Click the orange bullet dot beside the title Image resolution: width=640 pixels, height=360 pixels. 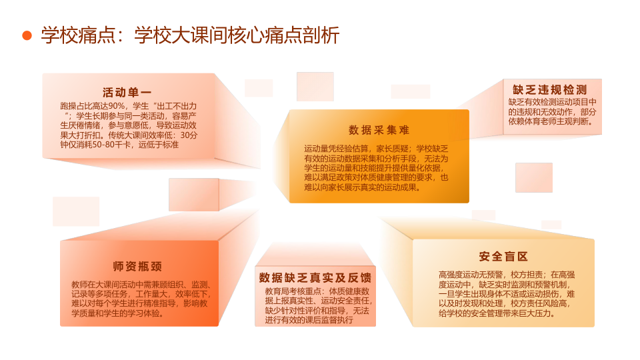coord(27,35)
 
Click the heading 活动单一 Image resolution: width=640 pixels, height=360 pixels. coord(127,93)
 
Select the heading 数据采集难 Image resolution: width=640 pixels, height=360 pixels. coord(379,130)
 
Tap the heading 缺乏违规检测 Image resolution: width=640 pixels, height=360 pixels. coord(550,90)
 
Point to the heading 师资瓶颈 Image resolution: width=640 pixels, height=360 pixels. coord(137,267)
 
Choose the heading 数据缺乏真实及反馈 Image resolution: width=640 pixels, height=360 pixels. coord(315,278)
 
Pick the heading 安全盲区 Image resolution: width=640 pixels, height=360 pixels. coord(503,256)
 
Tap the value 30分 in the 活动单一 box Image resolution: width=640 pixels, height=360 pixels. coord(189,135)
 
